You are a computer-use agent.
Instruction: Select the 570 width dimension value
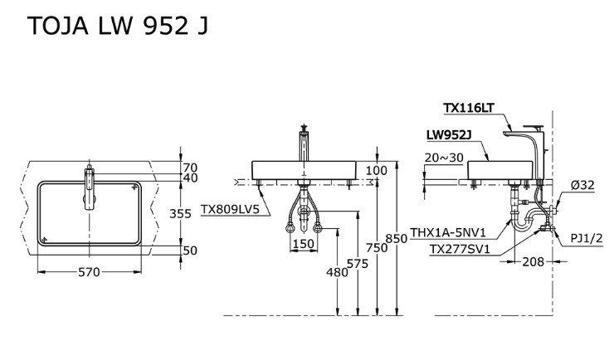tap(89, 273)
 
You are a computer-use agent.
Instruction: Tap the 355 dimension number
tap(193, 212)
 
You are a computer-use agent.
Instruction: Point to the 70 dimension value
tap(191, 168)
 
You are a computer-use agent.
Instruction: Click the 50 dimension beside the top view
tap(191, 250)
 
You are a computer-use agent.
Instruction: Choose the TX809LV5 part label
tap(230, 210)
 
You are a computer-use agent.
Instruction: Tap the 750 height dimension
tap(378, 247)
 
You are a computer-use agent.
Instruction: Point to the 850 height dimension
tap(397, 238)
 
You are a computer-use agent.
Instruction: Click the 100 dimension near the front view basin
tap(377, 171)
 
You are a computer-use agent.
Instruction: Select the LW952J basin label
tap(449, 134)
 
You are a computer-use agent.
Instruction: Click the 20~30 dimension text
tap(443, 158)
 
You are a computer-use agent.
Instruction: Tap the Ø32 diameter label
tap(582, 185)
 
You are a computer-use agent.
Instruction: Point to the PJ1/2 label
tap(586, 237)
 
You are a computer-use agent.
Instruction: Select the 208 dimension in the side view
tap(532, 261)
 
